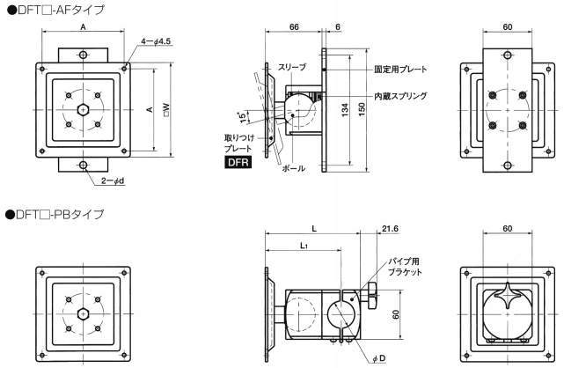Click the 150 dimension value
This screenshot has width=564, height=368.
click(x=362, y=109)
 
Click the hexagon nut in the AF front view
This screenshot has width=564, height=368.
click(x=82, y=110)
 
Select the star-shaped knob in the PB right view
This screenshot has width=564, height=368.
click(x=509, y=295)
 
